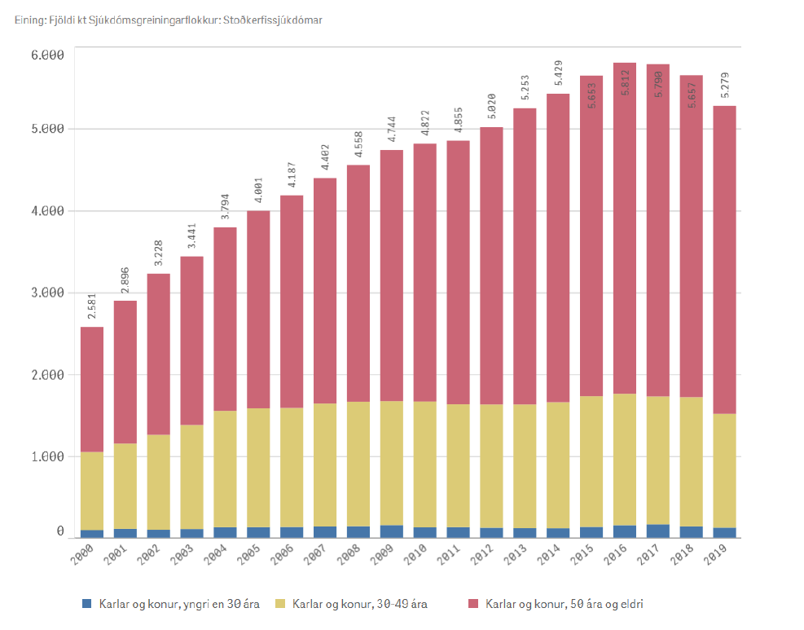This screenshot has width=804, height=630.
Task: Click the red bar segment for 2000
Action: pyautogui.click(x=91, y=390)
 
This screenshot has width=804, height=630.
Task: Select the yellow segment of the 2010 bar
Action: pyautogui.click(x=424, y=465)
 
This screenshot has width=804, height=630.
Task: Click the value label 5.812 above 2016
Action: pyautogui.click(x=625, y=85)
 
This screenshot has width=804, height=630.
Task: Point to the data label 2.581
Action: pyautogui.click(x=91, y=310)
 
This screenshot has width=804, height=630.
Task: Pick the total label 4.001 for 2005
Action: pyautogui.click(x=257, y=193)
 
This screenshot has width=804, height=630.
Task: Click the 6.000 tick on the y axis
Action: pyautogui.click(x=47, y=55)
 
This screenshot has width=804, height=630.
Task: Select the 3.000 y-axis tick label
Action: pyautogui.click(x=47, y=293)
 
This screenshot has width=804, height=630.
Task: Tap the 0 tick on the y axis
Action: pyautogui.click(x=59, y=531)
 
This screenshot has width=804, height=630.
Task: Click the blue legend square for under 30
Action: pyautogui.click(x=87, y=604)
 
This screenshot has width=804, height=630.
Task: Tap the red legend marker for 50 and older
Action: pyautogui.click(x=474, y=604)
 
